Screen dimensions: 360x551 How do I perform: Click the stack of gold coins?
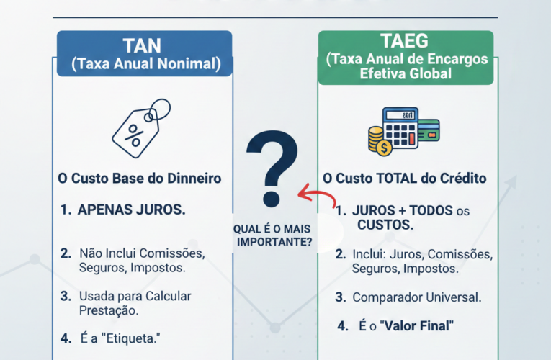pyautogui.click(x=377, y=140)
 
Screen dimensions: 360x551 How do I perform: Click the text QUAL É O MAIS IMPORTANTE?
pyautogui.click(x=273, y=235)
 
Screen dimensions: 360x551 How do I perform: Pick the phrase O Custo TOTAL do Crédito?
pyautogui.click(x=405, y=178)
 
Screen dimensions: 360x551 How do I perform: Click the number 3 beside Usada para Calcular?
pyautogui.click(x=65, y=295)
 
